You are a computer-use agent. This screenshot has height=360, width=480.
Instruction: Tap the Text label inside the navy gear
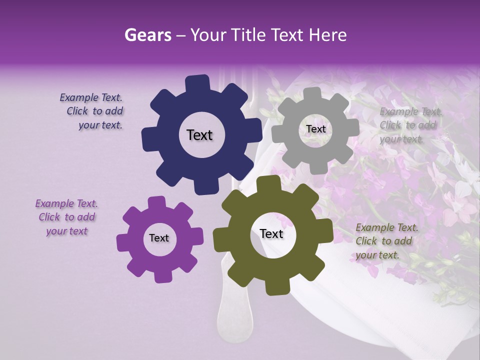click(x=199, y=135)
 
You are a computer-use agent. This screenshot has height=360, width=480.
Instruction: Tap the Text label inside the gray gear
click(x=315, y=129)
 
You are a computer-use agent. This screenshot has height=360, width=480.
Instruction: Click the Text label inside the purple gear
click(x=159, y=238)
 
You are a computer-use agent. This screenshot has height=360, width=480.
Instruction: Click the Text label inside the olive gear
click(x=271, y=233)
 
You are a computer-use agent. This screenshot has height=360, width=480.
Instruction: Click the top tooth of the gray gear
click(x=312, y=93)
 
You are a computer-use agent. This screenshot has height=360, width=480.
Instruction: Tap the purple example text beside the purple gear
click(x=66, y=217)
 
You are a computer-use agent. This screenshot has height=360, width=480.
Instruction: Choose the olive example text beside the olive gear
click(x=386, y=241)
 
